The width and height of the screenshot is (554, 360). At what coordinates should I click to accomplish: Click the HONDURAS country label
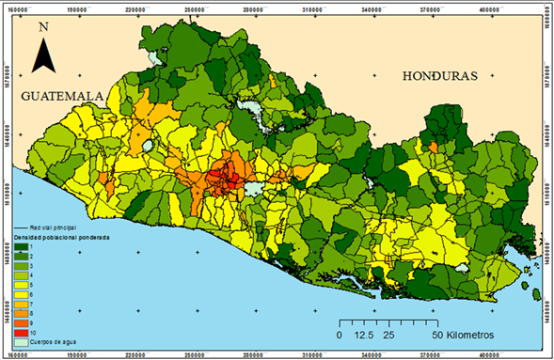(438, 76)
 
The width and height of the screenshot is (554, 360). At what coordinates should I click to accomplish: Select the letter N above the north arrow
(43, 27)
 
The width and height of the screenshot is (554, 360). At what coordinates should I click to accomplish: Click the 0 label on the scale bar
(339, 334)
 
